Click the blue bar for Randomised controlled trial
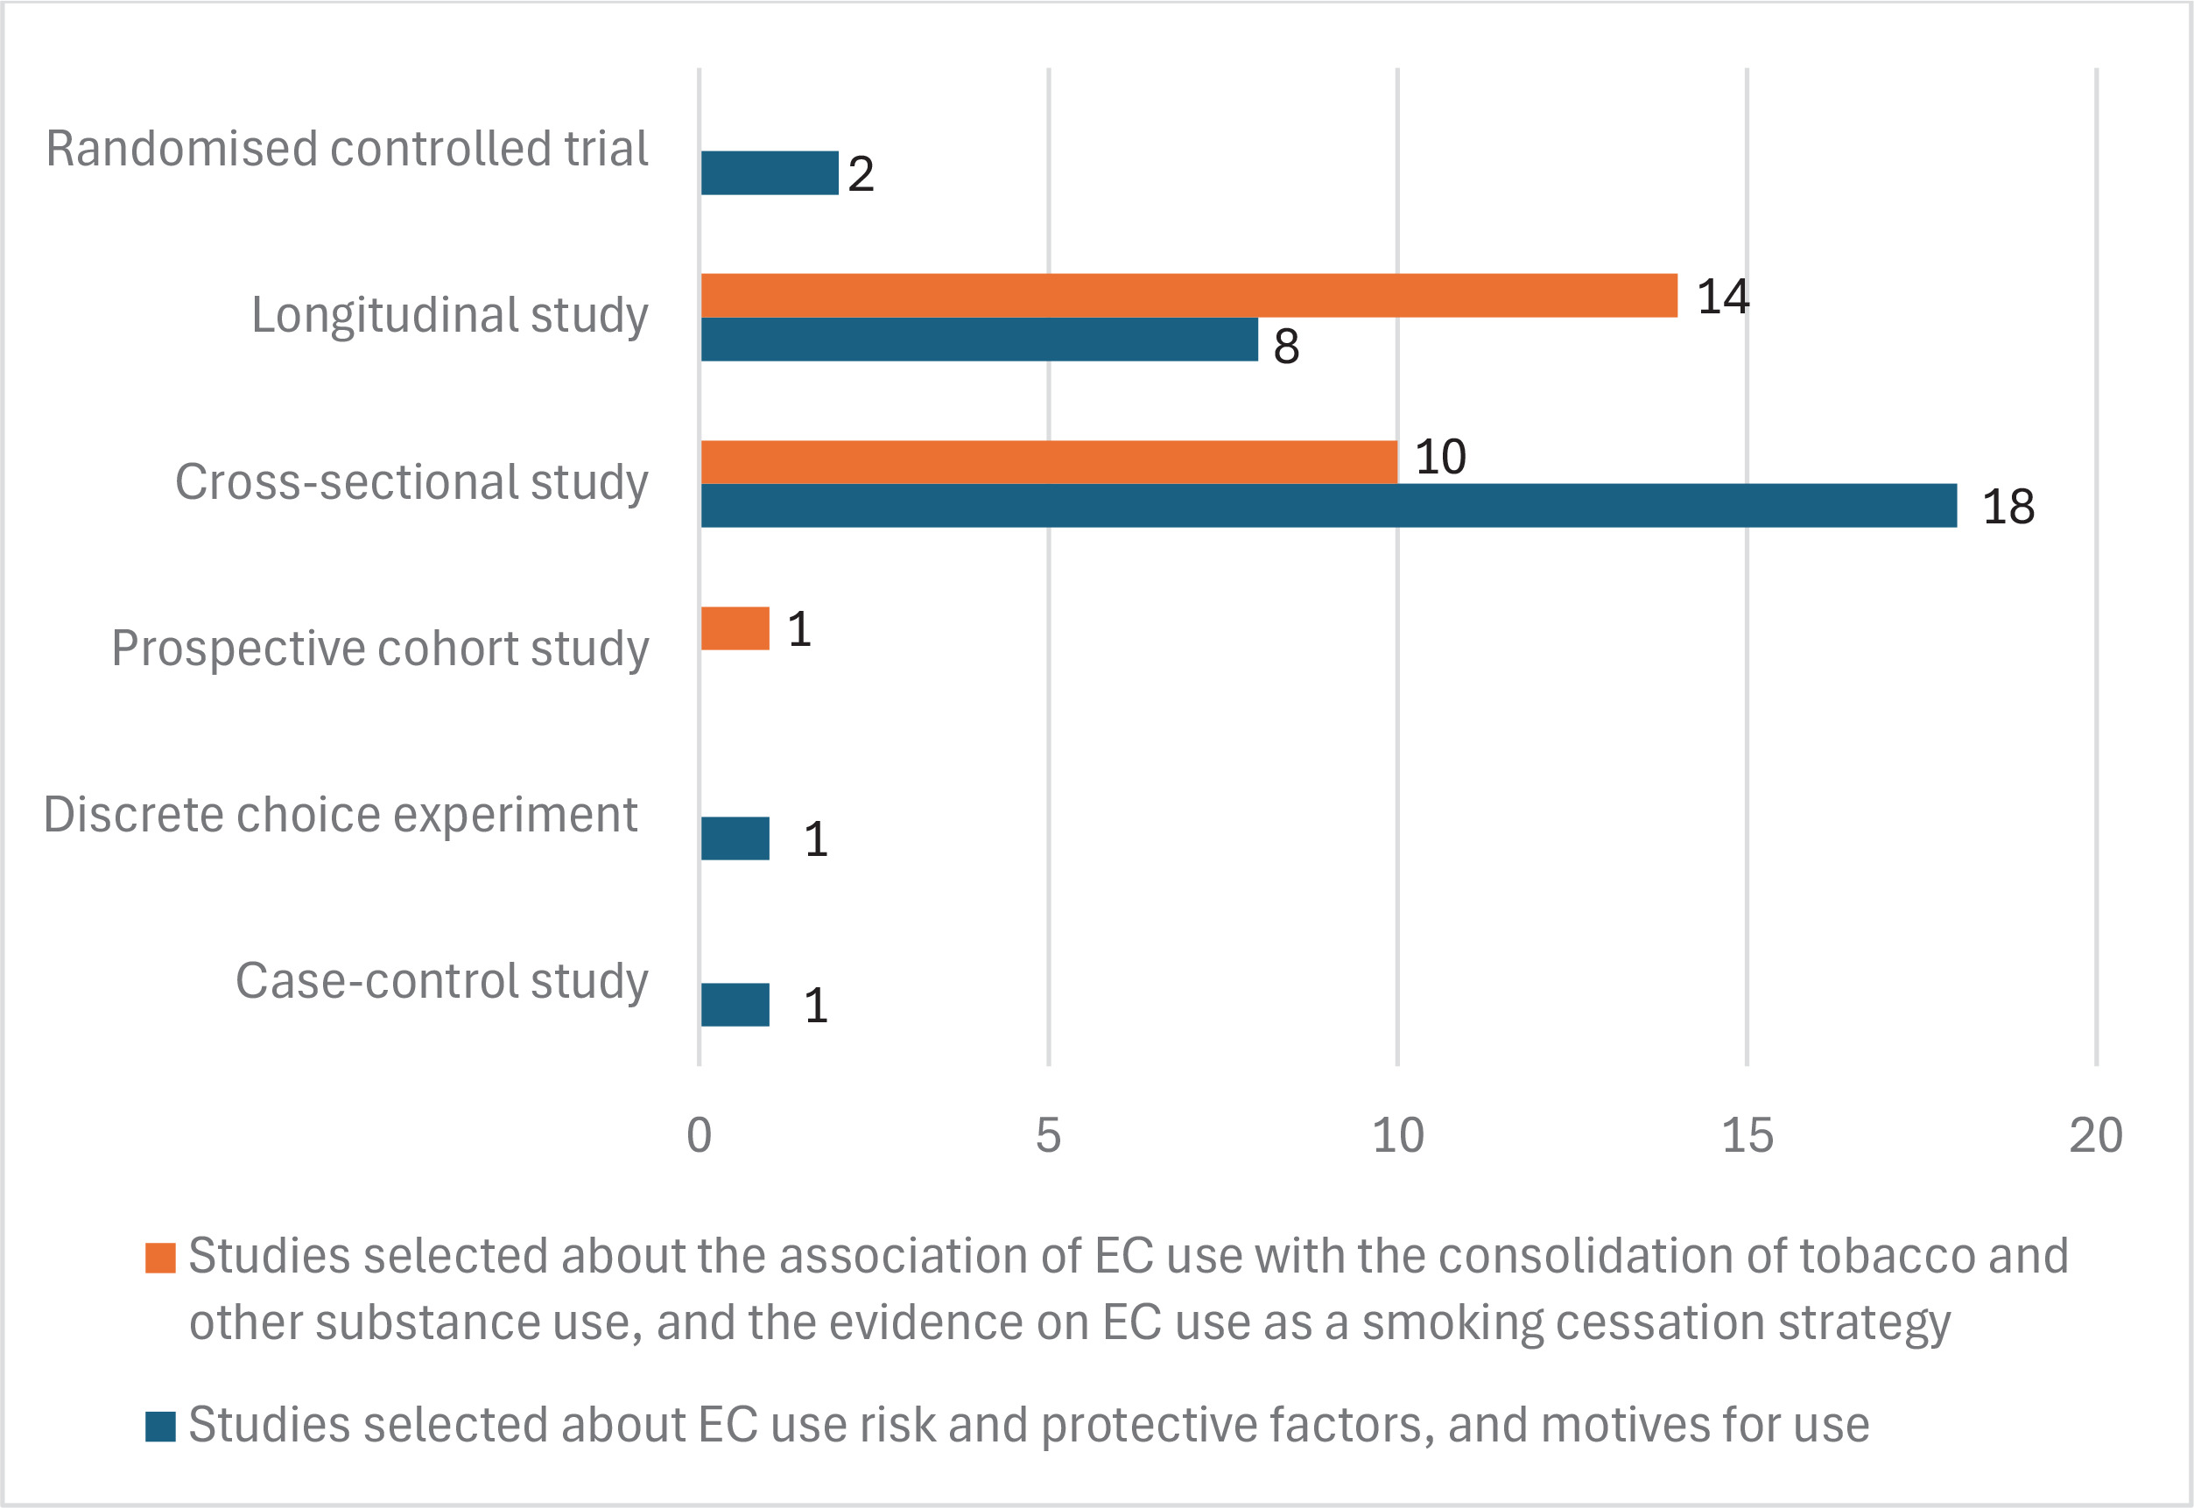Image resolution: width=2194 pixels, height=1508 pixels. point(770,173)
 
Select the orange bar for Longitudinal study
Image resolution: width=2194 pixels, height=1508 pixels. point(1189,296)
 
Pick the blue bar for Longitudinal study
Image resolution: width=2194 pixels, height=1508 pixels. point(979,340)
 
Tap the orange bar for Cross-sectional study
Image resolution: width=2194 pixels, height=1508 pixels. point(1049,462)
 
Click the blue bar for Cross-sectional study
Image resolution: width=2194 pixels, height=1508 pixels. point(1328,506)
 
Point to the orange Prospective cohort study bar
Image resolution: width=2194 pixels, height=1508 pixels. point(735,628)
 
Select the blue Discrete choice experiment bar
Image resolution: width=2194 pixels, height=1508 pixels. point(735,838)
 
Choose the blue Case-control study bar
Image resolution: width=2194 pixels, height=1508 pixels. point(735,1005)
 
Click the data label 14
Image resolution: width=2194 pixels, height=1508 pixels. point(1722,297)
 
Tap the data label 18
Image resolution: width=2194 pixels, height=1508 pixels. point(2007,507)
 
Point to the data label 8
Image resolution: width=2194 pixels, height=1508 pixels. point(1286,346)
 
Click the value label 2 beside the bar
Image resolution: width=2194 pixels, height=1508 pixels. point(861,174)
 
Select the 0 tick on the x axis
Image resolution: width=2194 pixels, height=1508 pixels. point(700,1135)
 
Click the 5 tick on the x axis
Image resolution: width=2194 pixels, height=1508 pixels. point(1049,1135)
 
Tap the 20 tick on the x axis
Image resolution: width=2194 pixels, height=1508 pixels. point(2096,1135)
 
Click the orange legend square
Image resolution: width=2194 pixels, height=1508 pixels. point(160,1259)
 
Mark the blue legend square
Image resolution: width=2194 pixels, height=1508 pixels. point(160,1427)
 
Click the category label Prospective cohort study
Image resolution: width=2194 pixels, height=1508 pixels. point(380,649)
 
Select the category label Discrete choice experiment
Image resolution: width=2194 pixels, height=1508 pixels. point(341,815)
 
